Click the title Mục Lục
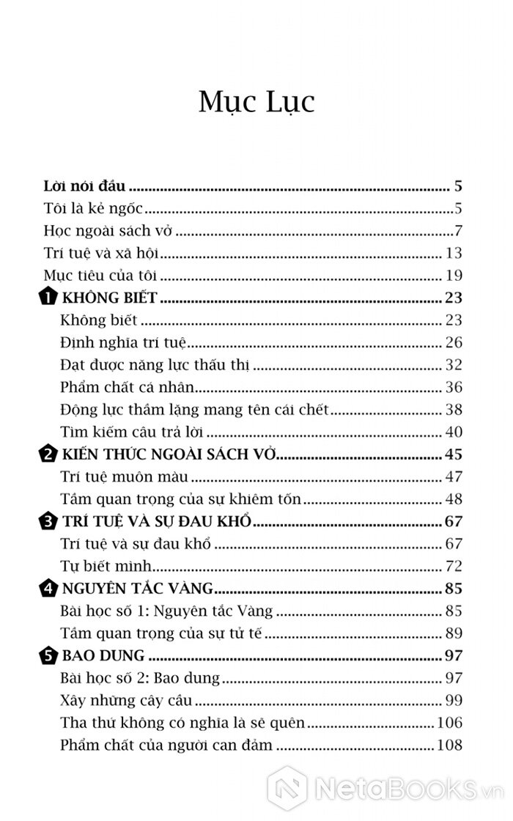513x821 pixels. tap(256, 101)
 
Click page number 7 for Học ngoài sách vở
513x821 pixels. tap(458, 231)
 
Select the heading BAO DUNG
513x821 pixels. tap(103, 655)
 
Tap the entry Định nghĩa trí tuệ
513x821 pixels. tap(125, 343)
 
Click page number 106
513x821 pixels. tap(449, 723)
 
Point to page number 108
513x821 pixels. tap(449, 745)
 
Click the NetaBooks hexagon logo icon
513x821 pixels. tap(287, 788)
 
